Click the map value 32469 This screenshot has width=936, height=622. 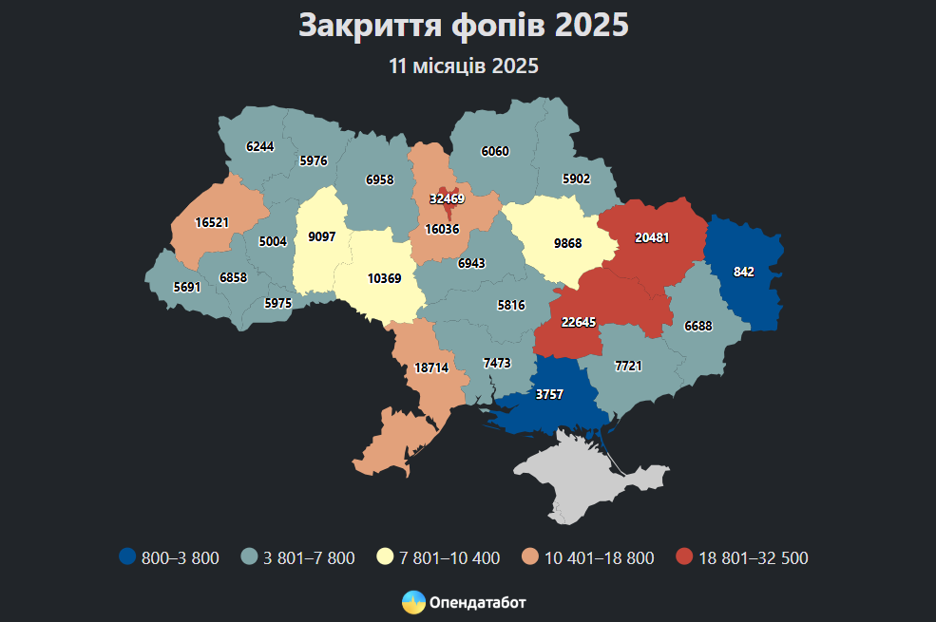(x=446, y=199)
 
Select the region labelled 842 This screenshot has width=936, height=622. (x=744, y=272)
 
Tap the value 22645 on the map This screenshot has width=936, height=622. (x=579, y=323)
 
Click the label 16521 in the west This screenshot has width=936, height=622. (x=212, y=222)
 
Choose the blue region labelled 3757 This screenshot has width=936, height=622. (x=549, y=394)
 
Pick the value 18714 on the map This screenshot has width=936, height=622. (x=430, y=368)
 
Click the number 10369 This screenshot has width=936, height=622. (x=384, y=278)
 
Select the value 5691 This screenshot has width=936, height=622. (x=187, y=286)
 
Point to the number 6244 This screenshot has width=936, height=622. (x=259, y=147)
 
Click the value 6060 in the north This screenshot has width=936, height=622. (x=495, y=151)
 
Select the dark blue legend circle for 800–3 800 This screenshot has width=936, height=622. (x=127, y=557)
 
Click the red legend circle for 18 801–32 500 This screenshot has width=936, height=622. (x=684, y=557)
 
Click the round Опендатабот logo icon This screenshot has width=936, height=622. (x=413, y=602)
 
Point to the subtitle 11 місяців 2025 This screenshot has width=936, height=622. (x=464, y=66)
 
